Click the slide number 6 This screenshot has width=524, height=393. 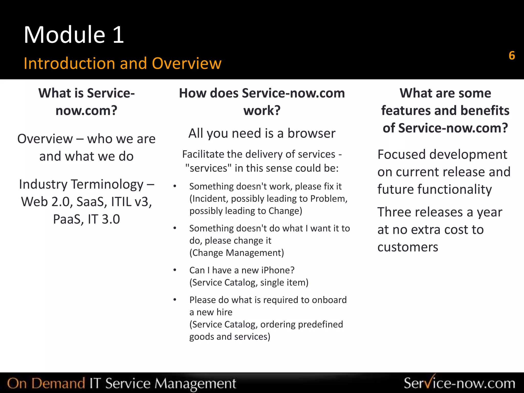pos(512,56)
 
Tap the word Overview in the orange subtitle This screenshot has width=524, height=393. pos(187,63)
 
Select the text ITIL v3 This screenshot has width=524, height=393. pos(132,202)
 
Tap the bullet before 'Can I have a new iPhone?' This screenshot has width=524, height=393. pos(175,270)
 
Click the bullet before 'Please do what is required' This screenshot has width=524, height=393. pos(175,300)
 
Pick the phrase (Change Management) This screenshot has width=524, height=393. pos(237,253)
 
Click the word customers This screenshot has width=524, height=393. pos(408,247)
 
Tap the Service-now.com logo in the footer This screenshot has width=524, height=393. pos(459,383)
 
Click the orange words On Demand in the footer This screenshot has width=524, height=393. pos(46,383)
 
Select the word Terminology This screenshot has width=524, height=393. pos(107,184)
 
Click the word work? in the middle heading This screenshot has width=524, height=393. pos(262,111)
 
